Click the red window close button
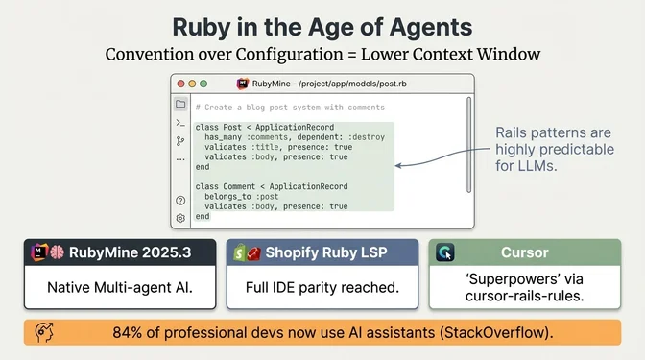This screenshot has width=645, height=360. [179, 84]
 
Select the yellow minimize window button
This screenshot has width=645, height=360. [192, 84]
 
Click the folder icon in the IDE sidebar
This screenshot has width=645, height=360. [180, 104]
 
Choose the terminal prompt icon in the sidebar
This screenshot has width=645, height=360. [180, 123]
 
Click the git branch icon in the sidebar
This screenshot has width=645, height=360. [180, 140]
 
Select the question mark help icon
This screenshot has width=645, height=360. [180, 201]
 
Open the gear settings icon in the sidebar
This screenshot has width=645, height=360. [180, 218]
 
